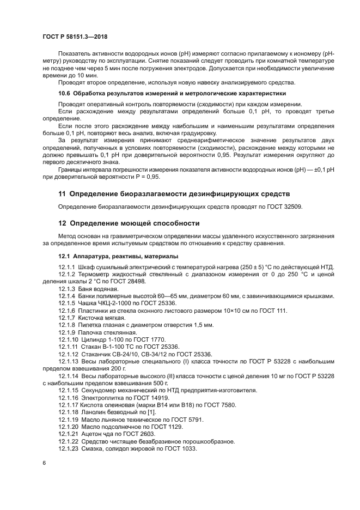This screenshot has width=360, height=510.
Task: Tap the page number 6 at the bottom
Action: coord(44,463)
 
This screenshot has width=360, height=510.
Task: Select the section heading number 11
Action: coord(62,193)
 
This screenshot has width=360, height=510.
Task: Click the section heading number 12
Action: coord(62,223)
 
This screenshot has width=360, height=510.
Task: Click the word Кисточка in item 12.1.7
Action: coord(92,317)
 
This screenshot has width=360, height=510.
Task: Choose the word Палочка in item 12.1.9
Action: coord(91,332)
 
